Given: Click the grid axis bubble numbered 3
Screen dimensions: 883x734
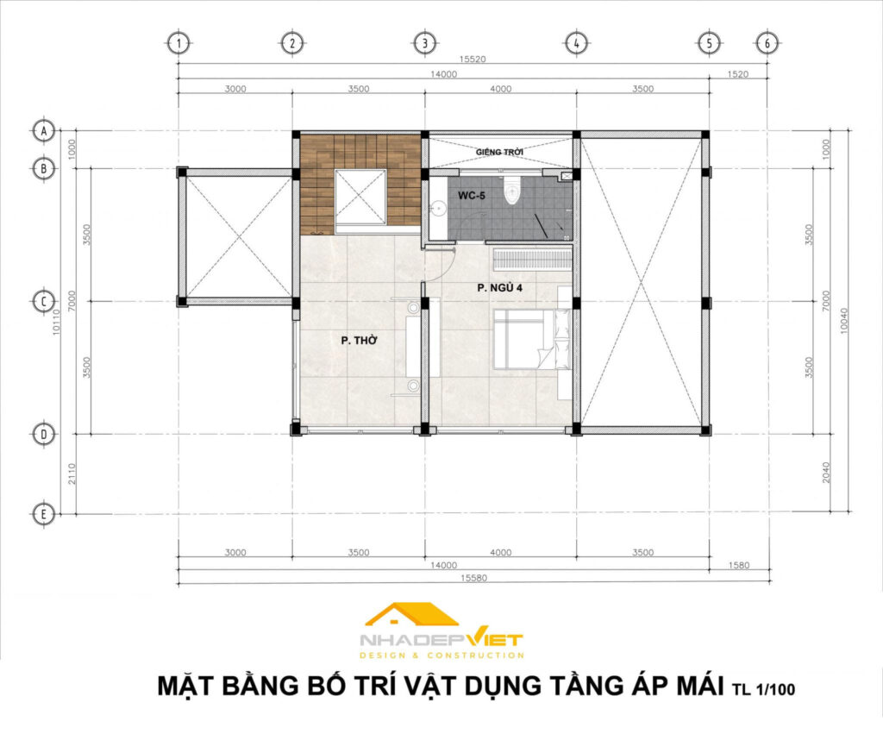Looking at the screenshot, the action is coord(424,43).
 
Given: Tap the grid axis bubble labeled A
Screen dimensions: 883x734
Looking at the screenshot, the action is coord(44,131).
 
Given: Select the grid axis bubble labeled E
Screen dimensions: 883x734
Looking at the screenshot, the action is coord(44,514).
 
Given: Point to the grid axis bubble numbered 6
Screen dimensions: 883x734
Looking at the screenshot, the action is coord(767,43).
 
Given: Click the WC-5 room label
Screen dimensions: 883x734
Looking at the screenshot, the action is coord(472,196).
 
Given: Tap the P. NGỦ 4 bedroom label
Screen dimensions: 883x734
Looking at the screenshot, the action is coord(499,288).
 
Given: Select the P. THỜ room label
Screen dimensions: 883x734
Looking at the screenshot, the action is coord(360,340).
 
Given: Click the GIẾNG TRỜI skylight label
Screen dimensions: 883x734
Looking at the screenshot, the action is coord(499,152).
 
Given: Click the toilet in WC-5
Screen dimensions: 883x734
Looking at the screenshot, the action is coord(512,191).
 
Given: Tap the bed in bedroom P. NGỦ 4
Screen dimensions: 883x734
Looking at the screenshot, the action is coord(533,340).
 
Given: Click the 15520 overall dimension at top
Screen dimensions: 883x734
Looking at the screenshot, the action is coord(473,60).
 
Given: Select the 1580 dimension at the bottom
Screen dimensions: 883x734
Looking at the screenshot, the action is coord(739,565).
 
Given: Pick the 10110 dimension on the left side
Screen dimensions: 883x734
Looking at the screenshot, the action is coord(56,322).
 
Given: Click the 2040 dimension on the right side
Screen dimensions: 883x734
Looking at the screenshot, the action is coord(826,473).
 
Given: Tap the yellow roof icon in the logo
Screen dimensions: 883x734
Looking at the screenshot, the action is coord(411,615).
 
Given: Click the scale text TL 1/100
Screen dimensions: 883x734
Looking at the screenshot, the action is coord(763,689).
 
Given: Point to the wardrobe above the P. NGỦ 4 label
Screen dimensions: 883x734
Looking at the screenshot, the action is coord(533,260).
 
